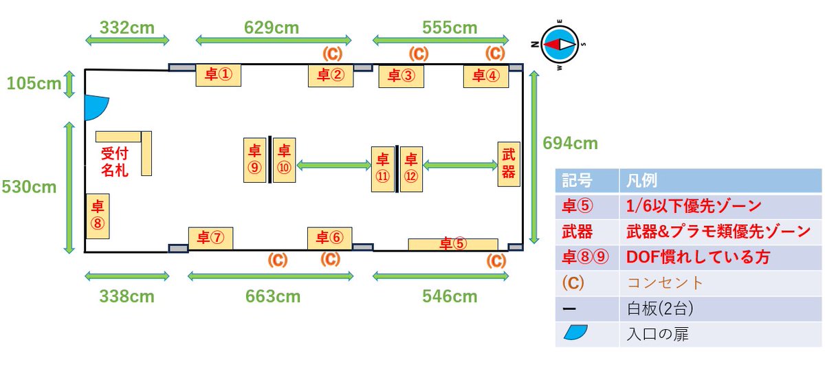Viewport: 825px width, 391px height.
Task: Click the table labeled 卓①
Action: click(219, 75)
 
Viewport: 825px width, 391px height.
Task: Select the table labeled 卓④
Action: click(486, 76)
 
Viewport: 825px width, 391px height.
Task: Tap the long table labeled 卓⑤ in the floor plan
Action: click(453, 245)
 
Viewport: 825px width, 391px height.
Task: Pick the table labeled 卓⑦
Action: click(210, 238)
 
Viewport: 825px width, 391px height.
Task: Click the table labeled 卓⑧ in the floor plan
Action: click(98, 216)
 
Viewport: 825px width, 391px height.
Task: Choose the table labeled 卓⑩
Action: click(284, 160)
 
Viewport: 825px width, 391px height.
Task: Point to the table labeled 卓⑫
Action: click(411, 169)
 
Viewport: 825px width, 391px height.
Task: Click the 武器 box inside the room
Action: click(509, 164)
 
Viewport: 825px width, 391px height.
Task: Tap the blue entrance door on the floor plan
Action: click(95, 107)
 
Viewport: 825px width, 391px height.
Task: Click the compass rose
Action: click(560, 45)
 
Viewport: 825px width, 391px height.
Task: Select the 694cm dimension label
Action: click(570, 143)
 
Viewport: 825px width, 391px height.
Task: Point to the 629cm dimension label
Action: click(272, 27)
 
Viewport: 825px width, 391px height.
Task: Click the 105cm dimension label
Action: click(34, 84)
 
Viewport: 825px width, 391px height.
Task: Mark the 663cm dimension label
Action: click(273, 296)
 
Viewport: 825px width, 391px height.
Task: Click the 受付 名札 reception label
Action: click(115, 162)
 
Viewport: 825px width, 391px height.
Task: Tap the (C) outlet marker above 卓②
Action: click(332, 54)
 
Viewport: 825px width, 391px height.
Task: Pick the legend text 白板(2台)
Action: click(660, 309)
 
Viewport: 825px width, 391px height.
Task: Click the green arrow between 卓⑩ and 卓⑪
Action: click(333, 165)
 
